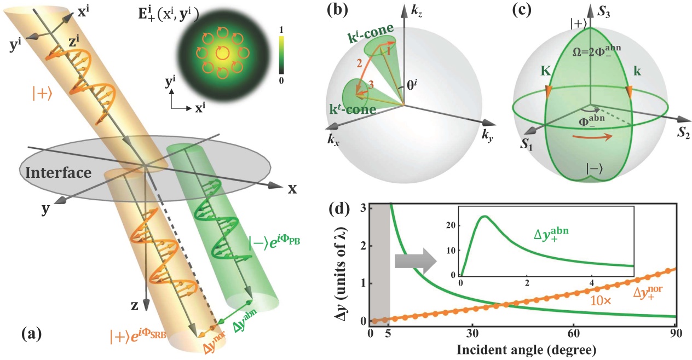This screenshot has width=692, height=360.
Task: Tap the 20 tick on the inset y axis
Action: click(452, 224)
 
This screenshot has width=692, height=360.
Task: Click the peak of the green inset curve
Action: click(484, 217)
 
